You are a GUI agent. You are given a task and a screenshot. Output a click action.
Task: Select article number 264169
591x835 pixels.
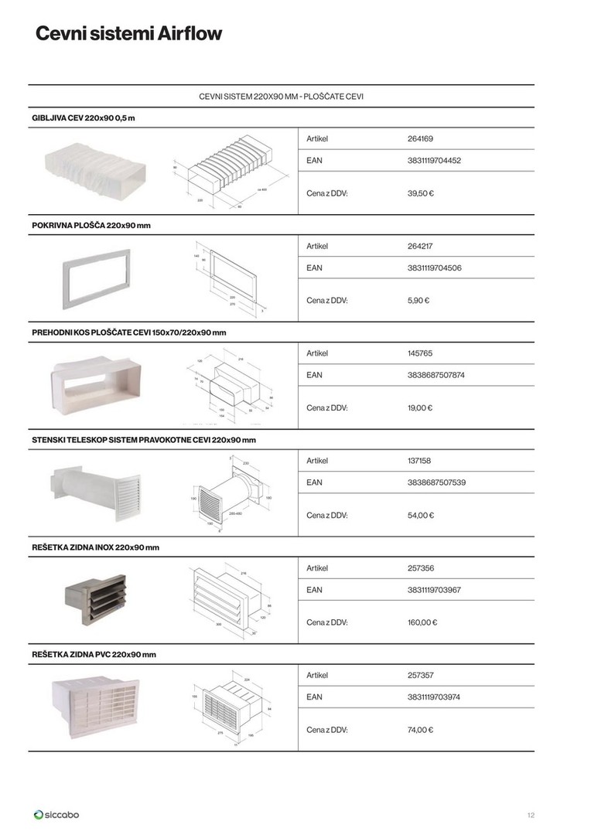tap(420, 139)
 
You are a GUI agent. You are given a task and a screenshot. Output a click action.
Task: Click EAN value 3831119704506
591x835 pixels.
tap(436, 268)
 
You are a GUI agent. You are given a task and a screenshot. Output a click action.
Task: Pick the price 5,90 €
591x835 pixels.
tap(418, 300)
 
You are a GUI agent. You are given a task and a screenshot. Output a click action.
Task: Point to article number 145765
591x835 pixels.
tap(420, 353)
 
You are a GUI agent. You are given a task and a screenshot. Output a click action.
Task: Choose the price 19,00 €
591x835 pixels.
tap(420, 407)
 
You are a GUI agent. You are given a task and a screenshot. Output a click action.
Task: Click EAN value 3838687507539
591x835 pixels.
tap(436, 482)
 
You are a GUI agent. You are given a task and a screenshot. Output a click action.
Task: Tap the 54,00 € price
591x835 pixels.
tap(420, 515)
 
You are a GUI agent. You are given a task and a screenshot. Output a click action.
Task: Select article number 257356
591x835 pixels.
tap(420, 568)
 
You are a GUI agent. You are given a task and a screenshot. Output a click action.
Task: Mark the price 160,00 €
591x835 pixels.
tap(422, 622)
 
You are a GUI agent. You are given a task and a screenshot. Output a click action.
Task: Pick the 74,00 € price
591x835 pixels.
tap(420, 729)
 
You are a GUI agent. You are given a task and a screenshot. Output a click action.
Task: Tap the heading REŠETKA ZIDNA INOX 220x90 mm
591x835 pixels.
tap(96, 547)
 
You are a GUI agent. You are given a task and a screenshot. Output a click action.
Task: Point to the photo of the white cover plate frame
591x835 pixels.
tap(96, 279)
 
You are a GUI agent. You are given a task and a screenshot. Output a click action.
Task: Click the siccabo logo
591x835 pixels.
tap(56, 814)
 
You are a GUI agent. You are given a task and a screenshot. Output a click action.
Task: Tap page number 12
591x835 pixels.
tap(530, 815)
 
